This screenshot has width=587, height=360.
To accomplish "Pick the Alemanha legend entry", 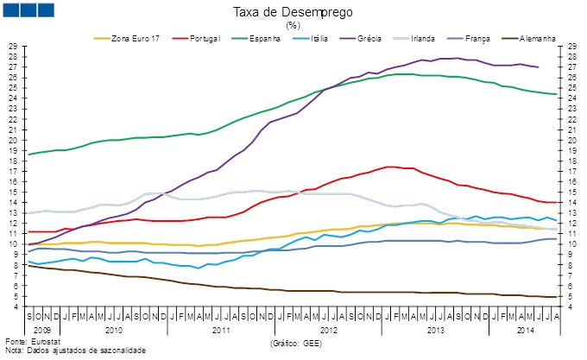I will (x=536, y=39).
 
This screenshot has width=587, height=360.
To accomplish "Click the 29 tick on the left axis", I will (x=12, y=46).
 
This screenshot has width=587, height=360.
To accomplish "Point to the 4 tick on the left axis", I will (x=15, y=306).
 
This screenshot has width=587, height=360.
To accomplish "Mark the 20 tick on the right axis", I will (x=572, y=140).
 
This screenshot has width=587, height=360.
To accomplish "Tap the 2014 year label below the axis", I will (x=526, y=330).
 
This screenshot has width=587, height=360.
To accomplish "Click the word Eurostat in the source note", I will (x=45, y=344).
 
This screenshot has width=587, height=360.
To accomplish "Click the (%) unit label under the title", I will (x=292, y=25).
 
